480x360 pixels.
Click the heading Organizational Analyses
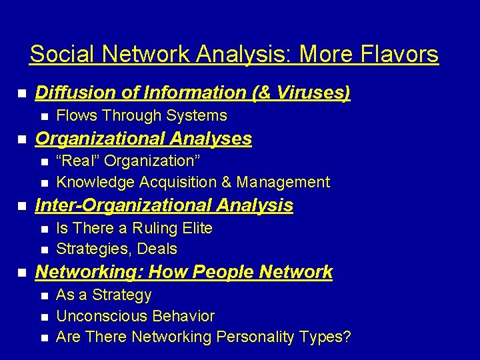pyautogui.click(x=143, y=139)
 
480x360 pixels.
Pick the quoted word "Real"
pyautogui.click(x=78, y=161)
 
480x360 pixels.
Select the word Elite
pyautogui.click(x=195, y=228)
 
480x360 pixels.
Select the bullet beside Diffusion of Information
pyautogui.click(x=22, y=93)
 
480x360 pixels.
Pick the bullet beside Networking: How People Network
pyautogui.click(x=22, y=273)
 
